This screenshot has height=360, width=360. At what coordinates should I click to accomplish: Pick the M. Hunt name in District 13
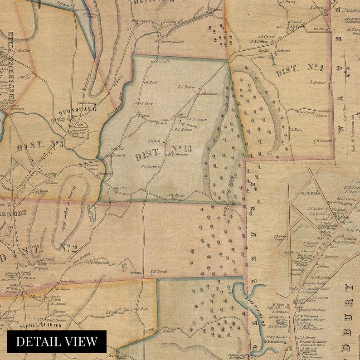[x=151, y=82]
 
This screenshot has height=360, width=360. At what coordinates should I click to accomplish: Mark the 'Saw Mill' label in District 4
[x=264, y=51]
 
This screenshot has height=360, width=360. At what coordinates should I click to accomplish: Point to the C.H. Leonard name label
[x=323, y=141]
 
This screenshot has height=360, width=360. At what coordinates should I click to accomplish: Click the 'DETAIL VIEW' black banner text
[x=57, y=341]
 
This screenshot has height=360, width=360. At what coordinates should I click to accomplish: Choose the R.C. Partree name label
[x=186, y=87]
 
